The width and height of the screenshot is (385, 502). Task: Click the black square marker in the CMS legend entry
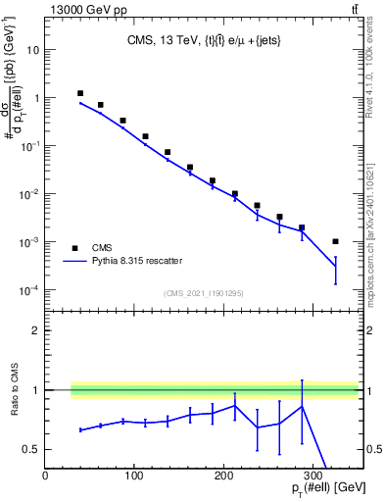tap(75, 247)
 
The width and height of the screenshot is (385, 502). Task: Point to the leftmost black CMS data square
tap(80, 93)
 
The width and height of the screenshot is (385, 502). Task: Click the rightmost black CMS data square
tap(335, 241)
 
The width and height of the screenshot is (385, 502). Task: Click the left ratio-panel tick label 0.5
tap(31, 449)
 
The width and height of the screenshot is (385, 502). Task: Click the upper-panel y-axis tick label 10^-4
tap(29, 290)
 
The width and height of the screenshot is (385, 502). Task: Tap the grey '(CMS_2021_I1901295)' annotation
tap(202, 292)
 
